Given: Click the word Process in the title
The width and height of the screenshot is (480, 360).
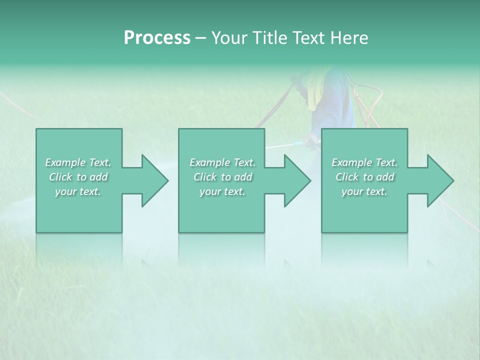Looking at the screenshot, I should click(157, 38).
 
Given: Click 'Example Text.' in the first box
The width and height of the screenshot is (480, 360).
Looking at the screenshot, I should click(78, 162).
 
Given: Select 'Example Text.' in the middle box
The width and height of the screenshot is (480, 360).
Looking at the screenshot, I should click(222, 162).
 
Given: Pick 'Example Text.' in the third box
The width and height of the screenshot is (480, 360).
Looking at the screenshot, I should click(364, 162).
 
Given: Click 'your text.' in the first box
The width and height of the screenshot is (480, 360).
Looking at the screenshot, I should click(78, 191).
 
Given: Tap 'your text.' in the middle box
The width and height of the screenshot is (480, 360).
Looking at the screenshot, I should click(222, 191).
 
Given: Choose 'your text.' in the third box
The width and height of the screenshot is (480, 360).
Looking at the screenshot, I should click(364, 191).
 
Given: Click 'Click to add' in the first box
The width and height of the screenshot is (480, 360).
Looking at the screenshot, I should click(78, 177).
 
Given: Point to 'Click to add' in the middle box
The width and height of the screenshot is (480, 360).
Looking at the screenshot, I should click(222, 177).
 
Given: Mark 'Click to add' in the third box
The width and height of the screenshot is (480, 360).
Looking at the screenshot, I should click(364, 177).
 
